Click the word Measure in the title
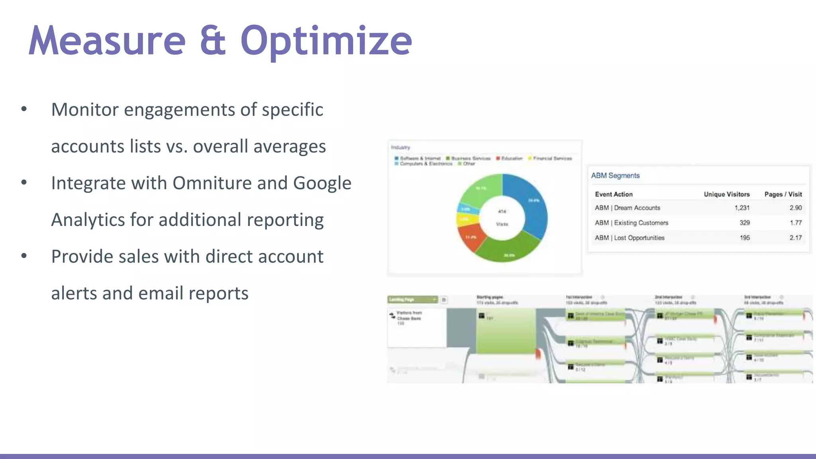pyautogui.click(x=107, y=41)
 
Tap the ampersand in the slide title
pyautogui.click(x=213, y=41)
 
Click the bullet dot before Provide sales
pyautogui.click(x=24, y=256)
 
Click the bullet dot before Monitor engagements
pyautogui.click(x=24, y=109)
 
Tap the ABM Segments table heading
pyautogui.click(x=615, y=176)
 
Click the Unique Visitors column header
pyautogui.click(x=726, y=194)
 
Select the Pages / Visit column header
pyautogui.click(x=783, y=194)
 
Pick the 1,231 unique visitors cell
pyautogui.click(x=742, y=208)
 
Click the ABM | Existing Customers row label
pyautogui.click(x=631, y=223)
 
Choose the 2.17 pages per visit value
pyautogui.click(x=795, y=238)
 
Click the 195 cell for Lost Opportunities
pyautogui.click(x=745, y=238)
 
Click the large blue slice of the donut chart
pyautogui.click(x=532, y=207)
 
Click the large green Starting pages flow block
pyautogui.click(x=505, y=331)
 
